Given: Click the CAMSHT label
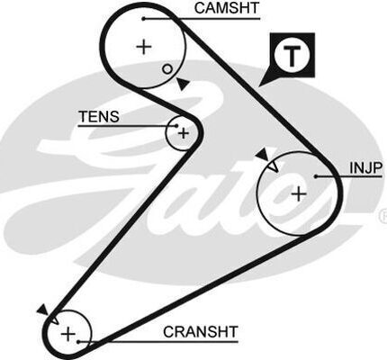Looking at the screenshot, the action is point(226,8).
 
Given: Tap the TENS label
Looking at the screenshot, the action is point(99,116).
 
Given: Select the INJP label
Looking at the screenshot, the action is point(365,168).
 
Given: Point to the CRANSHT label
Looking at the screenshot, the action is point(201,332).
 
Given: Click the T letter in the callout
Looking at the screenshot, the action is point(292,56).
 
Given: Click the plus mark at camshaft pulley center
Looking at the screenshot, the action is point(144,47).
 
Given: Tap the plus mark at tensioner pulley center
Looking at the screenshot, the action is point(184,133).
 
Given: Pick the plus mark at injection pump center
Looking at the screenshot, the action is point(299,193).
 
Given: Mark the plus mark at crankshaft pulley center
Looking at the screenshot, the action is point(68,334).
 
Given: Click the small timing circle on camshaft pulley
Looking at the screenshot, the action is point(167,69).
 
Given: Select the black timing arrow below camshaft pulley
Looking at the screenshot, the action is point(183,84).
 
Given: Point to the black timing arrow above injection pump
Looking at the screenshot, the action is point(263,155).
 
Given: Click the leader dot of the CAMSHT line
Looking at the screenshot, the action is point(144,19).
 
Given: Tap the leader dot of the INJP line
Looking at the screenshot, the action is point(316,176).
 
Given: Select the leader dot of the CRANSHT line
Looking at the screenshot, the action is point(78,342).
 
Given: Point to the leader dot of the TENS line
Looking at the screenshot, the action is point(176,126).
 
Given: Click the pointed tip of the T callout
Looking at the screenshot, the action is point(259,86).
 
